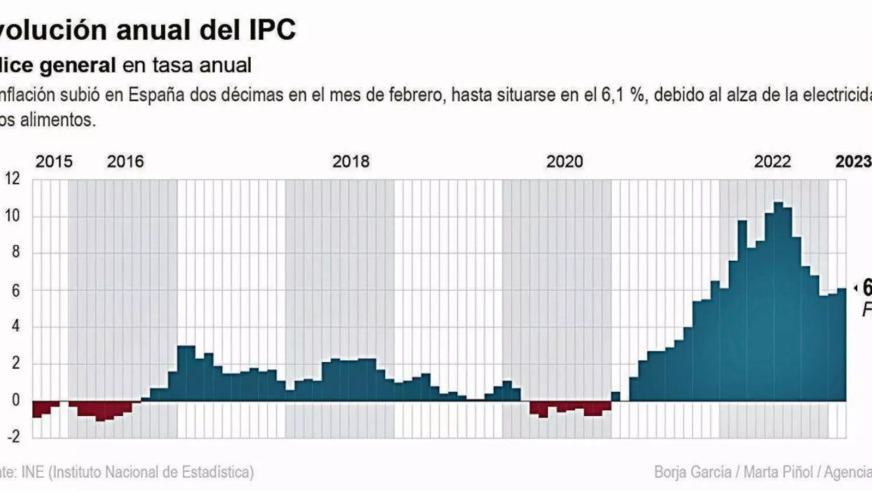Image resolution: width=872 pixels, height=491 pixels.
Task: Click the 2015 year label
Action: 53,161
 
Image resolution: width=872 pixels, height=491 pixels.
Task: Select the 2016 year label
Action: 125,161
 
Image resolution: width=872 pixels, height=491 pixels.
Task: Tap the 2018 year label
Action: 350,161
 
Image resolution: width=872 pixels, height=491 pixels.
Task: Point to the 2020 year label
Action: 565,161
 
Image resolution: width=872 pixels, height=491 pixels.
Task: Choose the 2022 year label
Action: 772,161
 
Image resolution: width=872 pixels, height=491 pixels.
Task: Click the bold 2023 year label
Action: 853,161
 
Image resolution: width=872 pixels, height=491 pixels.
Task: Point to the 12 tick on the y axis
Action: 12,179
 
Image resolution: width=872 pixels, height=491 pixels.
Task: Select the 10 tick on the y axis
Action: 12,216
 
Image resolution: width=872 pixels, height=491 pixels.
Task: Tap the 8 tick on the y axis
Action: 15,252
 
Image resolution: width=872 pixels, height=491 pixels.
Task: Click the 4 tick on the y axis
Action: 15,326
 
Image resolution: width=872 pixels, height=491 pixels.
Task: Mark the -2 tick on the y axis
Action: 13,436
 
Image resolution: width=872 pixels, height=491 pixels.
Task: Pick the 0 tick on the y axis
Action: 15,400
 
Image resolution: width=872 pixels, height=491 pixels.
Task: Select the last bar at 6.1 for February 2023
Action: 842,344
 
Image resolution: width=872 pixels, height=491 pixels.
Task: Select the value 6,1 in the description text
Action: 613,95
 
